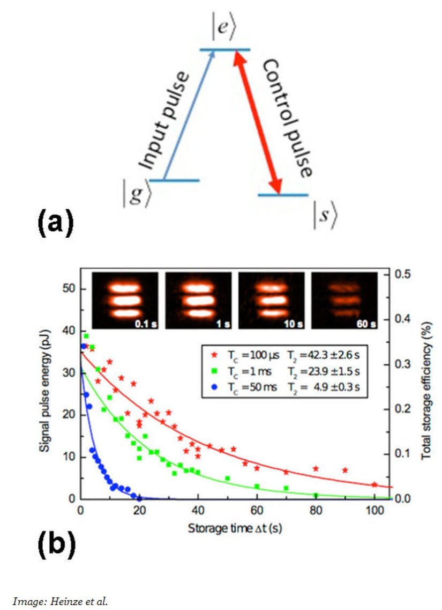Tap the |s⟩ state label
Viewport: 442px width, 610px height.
point(325,216)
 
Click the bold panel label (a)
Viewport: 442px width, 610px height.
point(56,223)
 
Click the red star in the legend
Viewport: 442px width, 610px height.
point(214,355)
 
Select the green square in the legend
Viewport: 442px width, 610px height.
point(214,371)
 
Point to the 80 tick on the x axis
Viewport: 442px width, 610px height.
point(316,510)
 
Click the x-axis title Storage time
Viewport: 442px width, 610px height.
point(235,528)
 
